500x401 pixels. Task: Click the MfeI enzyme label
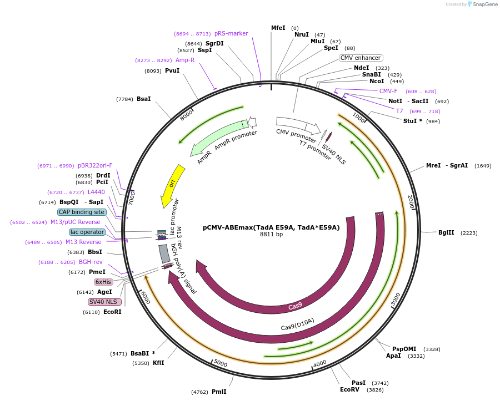pyautogui.click(x=278, y=28)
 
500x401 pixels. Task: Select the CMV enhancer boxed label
pyautogui.click(x=361, y=58)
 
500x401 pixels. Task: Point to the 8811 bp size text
pyautogui.click(x=271, y=235)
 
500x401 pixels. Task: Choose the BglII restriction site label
pyautogui.click(x=446, y=233)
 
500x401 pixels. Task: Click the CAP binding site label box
pyautogui.click(x=81, y=212)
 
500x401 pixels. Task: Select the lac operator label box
pyautogui.click(x=87, y=232)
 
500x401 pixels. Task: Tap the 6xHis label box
pyautogui.click(x=103, y=282)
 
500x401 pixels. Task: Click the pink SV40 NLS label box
pyautogui.click(x=104, y=302)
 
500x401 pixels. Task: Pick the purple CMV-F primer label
pyautogui.click(x=388, y=91)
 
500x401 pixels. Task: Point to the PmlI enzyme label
pyautogui.click(x=219, y=392)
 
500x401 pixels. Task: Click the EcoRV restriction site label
pyautogui.click(x=350, y=389)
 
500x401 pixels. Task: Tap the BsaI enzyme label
pyautogui.click(x=143, y=99)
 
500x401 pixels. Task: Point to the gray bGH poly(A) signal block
pyautogui.click(x=164, y=253)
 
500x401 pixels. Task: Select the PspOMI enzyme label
pyautogui.click(x=404, y=349)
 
